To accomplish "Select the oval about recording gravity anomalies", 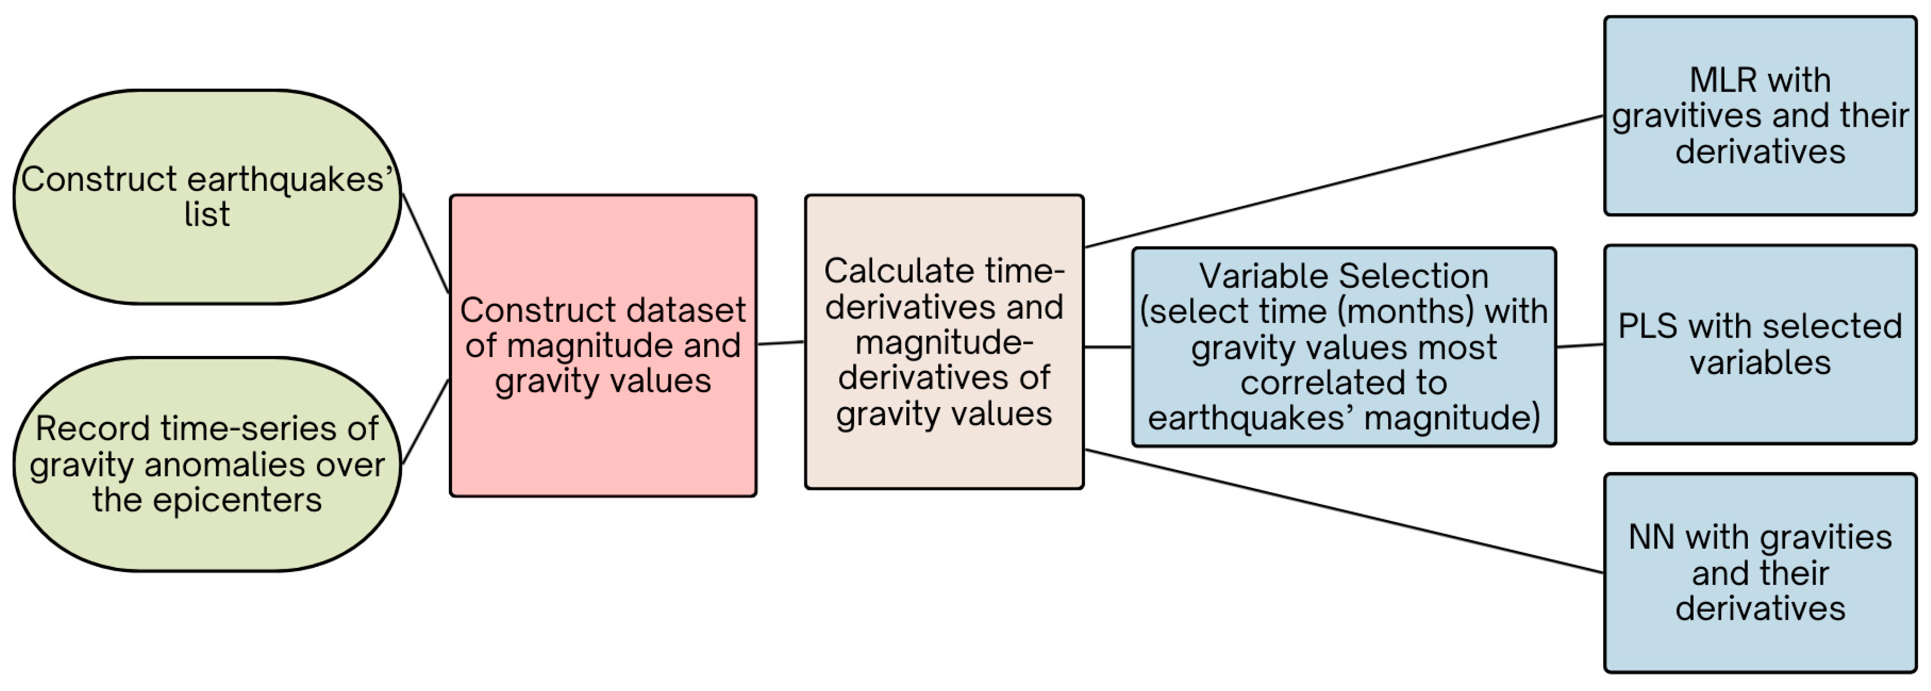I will point(207,464).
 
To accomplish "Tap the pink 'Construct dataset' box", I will point(603,346).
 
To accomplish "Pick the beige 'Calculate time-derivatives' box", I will point(944,342).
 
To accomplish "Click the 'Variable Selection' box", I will point(1343,347).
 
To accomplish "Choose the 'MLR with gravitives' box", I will point(1759,116).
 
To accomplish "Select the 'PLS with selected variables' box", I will point(1759,345).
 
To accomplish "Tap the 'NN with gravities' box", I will point(1759,573).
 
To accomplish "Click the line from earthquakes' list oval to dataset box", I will point(425,243).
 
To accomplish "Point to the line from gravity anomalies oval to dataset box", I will point(425,422).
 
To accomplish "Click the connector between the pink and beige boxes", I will point(781,343).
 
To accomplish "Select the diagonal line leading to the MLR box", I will point(1343,181).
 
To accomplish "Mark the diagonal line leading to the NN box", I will point(1343,511).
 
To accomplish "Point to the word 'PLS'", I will point(1646,327).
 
